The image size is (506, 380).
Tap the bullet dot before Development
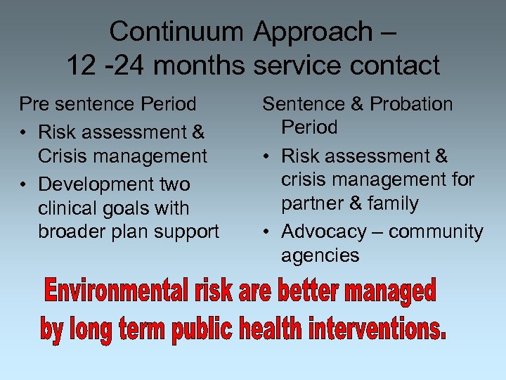25,185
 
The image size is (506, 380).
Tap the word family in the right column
394,204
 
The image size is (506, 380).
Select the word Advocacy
324,232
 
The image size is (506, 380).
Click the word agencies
320,255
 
